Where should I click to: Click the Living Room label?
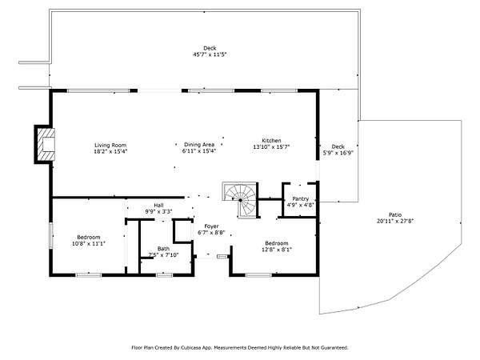coord(110,145)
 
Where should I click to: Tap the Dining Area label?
coord(199,145)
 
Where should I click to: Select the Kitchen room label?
coord(271,141)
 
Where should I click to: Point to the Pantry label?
coord(301,198)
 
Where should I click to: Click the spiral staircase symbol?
coord(241,200)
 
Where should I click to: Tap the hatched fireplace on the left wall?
coord(46,145)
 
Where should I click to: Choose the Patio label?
coord(395,214)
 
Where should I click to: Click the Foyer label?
coord(211,226)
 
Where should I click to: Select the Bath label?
coord(163,249)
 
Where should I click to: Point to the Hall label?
coord(158,205)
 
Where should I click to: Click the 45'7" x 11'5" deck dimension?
coord(210,54)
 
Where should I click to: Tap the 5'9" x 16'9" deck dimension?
coord(338,153)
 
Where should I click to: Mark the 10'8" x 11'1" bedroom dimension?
coord(89,244)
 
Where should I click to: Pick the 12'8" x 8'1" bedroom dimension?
coord(277,250)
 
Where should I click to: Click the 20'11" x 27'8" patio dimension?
coord(395,221)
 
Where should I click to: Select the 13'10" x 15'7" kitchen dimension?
coord(271,146)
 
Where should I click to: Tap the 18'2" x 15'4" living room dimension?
coord(110,151)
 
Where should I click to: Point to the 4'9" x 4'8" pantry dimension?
coord(301,205)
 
